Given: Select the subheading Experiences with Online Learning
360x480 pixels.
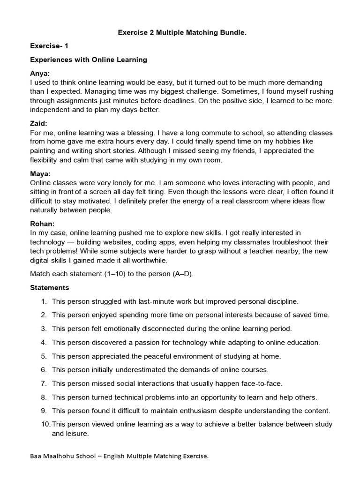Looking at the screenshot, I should point(89,60).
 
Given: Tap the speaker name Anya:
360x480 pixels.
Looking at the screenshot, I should point(40,74).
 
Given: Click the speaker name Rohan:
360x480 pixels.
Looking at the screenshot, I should point(43,224).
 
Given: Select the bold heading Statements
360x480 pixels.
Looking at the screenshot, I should point(49,287).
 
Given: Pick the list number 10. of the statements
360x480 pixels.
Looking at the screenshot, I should point(45,424).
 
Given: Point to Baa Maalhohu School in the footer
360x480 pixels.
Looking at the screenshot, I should point(60,456).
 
